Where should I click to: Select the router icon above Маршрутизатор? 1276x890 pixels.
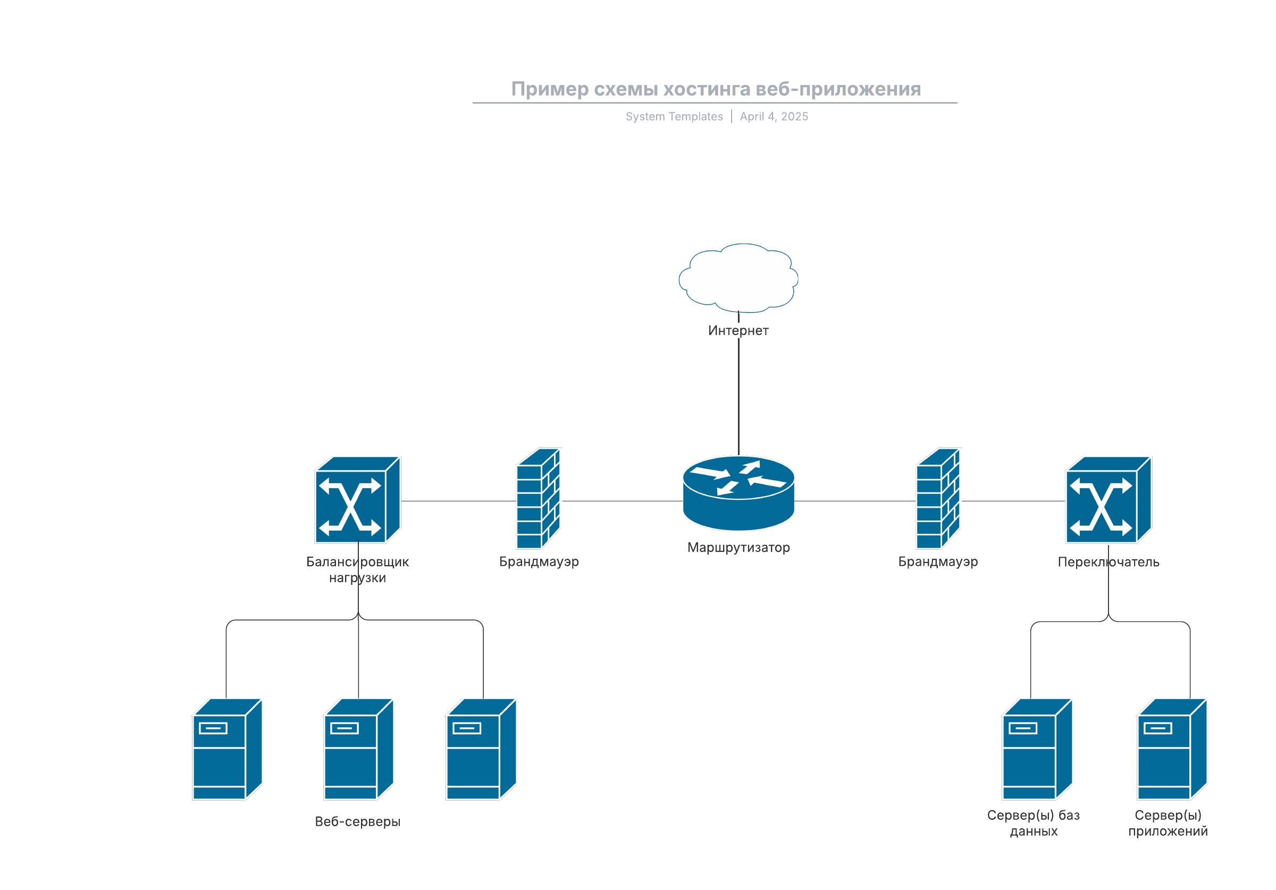coord(738,493)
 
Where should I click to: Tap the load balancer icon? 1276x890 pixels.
coord(357,500)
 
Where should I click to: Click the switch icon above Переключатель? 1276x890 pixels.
coord(1108,500)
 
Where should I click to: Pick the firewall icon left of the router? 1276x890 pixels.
coord(538,499)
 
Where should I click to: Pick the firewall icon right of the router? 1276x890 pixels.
coord(938,499)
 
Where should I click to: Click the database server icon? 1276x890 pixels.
coord(1036,749)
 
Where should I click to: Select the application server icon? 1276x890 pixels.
coord(1171,749)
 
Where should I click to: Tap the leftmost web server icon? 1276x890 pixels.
coord(226,749)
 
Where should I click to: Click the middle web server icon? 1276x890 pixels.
coord(358,749)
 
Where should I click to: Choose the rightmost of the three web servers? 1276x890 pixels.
coord(481,749)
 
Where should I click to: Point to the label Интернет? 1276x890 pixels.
coord(738,331)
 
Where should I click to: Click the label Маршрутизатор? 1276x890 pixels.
coord(738,548)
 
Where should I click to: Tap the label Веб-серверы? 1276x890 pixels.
coord(357,821)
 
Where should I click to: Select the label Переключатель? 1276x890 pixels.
coord(1108,562)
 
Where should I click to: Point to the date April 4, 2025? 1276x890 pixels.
coord(774,117)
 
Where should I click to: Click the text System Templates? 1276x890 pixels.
coord(674,117)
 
